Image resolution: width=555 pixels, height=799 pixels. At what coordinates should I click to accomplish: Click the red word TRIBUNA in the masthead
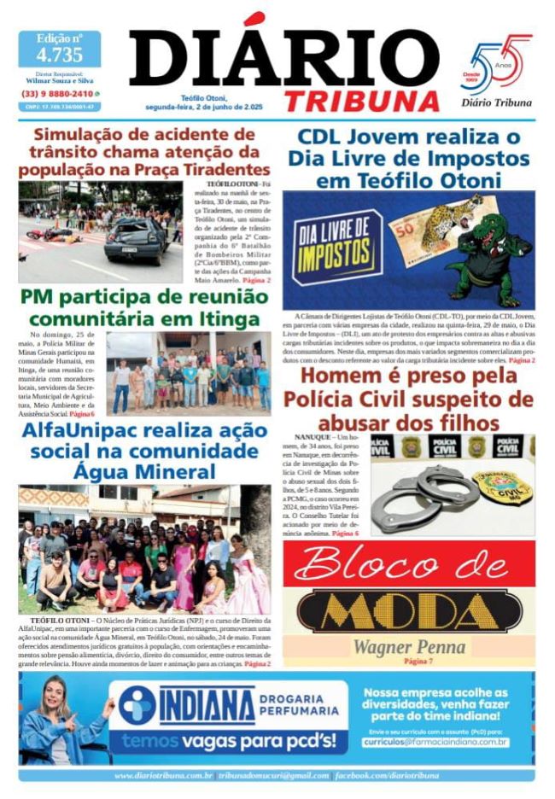click(x=361, y=100)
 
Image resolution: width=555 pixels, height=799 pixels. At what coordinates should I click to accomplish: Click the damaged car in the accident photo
click(x=137, y=238)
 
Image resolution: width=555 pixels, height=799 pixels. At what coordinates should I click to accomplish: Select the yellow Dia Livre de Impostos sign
click(x=336, y=248)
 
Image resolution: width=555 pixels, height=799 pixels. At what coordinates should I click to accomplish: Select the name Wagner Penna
click(x=410, y=646)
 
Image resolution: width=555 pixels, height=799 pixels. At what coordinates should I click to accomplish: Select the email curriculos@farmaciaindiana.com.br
click(x=435, y=742)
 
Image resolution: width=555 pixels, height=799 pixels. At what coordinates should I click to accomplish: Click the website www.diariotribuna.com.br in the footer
click(x=163, y=775)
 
